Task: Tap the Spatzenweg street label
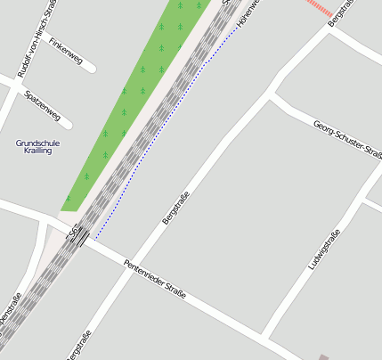click(43, 104)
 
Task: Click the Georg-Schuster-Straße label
click(347, 138)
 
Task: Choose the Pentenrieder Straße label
click(156, 279)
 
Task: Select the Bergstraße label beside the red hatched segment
click(341, 12)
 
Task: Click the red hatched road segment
click(318, 6)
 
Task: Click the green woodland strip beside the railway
click(134, 98)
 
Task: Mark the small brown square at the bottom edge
click(323, 357)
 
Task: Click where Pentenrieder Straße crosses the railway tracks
click(79, 238)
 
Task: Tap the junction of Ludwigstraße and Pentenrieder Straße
click(266, 337)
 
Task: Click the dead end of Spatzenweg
click(69, 125)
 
